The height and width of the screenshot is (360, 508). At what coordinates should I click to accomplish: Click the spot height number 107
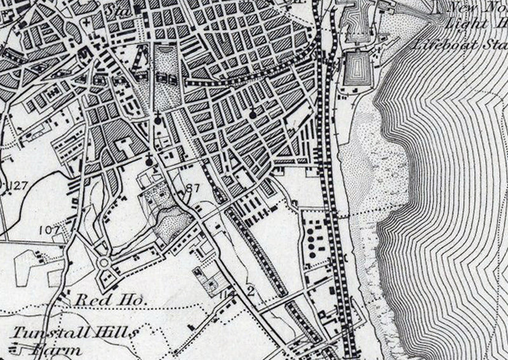(48, 229)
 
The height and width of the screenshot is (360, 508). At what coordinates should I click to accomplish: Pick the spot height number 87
(193, 188)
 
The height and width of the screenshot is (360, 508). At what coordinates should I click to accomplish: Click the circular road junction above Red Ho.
(104, 262)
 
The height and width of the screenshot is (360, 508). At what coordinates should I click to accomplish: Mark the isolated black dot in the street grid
(252, 115)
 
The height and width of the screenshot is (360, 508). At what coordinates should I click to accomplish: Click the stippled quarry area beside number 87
(175, 223)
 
